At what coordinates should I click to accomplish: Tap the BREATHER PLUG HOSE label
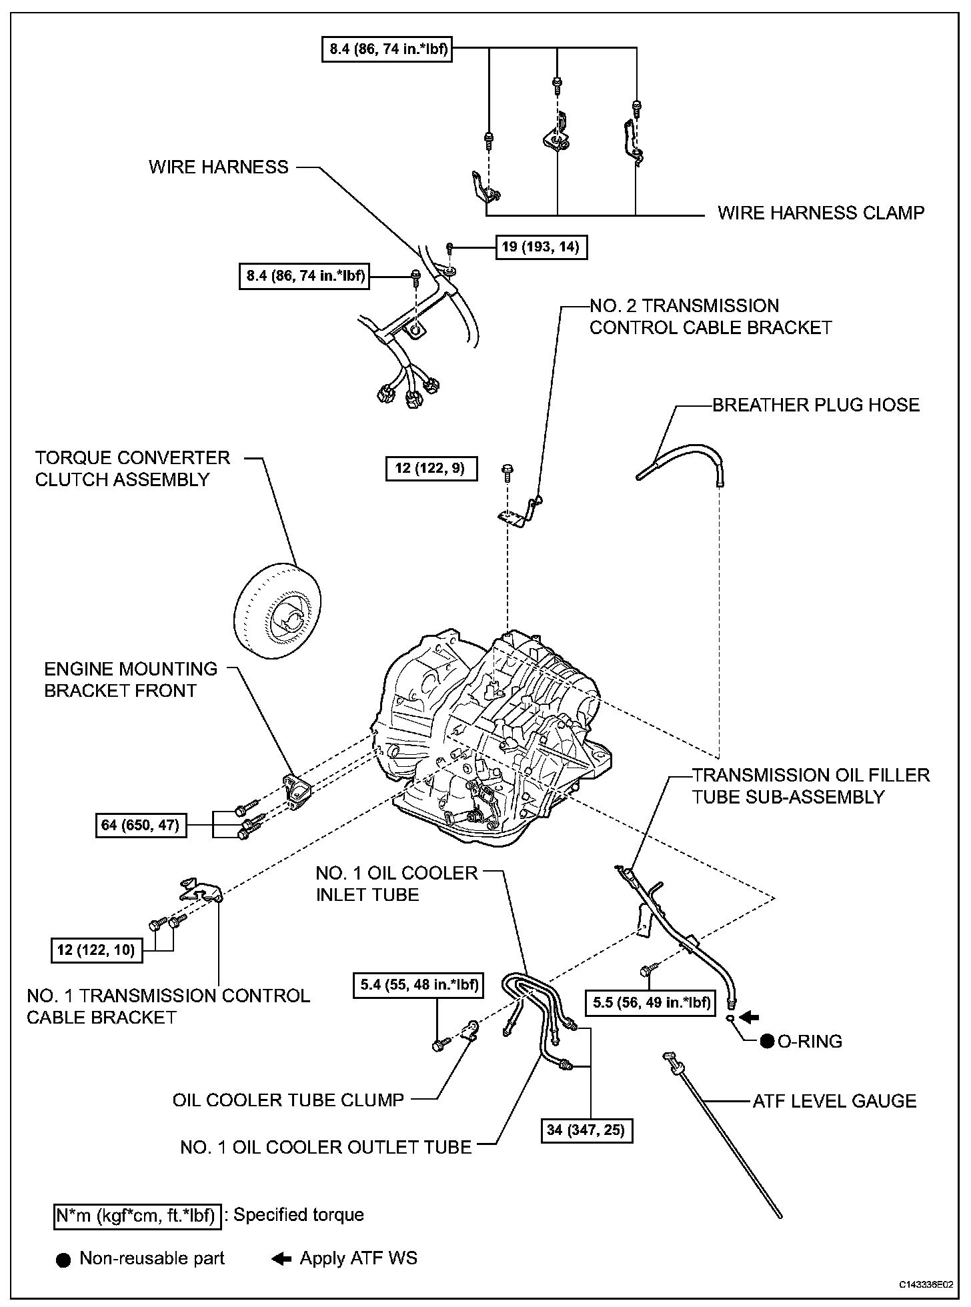[x=816, y=405]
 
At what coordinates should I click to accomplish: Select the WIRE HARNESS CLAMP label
[x=821, y=213]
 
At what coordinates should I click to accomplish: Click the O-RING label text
[x=810, y=1041]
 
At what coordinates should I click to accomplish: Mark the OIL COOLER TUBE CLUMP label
[x=288, y=1100]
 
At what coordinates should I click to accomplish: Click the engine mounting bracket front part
[x=300, y=792]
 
